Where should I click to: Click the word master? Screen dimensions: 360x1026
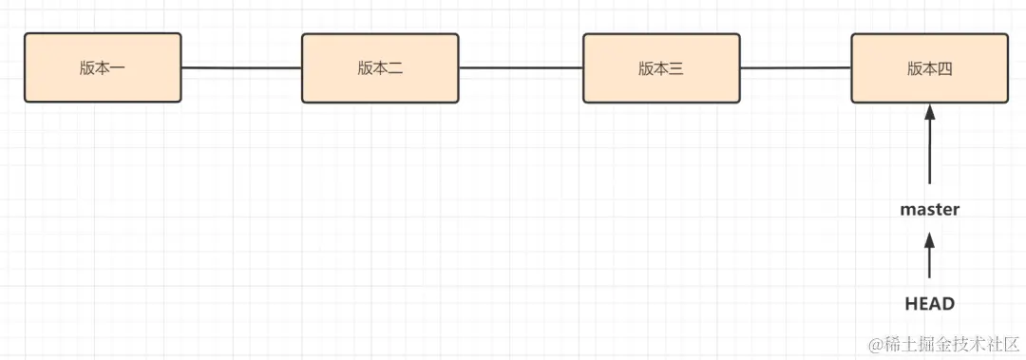click(x=929, y=209)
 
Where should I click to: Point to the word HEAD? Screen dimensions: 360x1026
click(x=929, y=304)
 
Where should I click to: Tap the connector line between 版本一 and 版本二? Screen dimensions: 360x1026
click(x=241, y=68)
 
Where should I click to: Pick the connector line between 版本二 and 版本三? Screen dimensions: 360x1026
click(x=521, y=68)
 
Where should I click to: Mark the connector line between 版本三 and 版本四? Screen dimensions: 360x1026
click(x=795, y=68)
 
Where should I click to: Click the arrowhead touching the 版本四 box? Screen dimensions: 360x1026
click(x=929, y=112)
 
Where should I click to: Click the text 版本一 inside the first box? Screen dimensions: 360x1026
click(x=103, y=68)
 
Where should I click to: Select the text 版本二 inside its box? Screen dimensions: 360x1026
click(x=380, y=68)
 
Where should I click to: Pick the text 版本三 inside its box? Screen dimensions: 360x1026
click(x=661, y=68)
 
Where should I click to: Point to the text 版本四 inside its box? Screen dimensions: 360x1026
click(x=929, y=68)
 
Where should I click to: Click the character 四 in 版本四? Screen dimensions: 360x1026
click(x=944, y=68)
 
